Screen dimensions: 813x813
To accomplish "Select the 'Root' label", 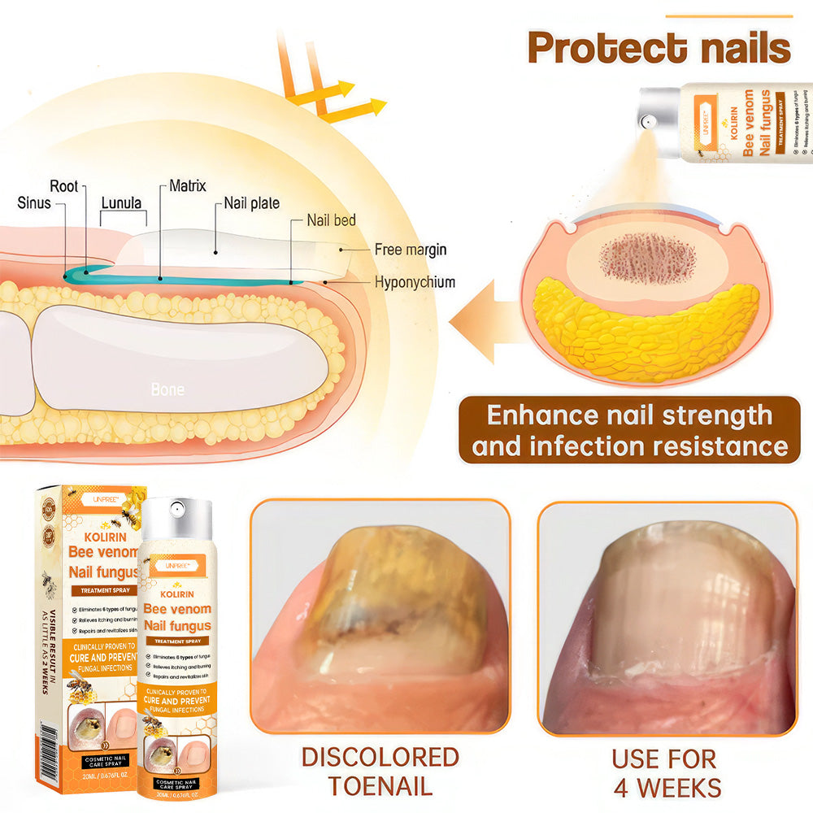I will point(64,186).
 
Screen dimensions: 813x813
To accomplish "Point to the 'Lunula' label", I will point(122,202).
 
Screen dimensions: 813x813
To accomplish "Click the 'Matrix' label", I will point(188,186).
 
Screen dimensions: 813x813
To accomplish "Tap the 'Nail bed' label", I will point(331,220).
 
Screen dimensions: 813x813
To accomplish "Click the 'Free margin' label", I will point(410,250).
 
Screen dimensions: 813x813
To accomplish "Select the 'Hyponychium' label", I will point(415,282).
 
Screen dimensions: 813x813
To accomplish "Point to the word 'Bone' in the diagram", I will point(167,389).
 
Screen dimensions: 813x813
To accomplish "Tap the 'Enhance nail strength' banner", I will point(629,430).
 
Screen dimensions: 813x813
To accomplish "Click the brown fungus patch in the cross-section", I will point(647,259).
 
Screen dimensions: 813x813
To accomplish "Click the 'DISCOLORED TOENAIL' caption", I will point(380,771).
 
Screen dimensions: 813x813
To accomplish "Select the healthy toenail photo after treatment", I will point(667,618).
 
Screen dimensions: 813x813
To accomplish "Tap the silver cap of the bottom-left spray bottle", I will point(176,520).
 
